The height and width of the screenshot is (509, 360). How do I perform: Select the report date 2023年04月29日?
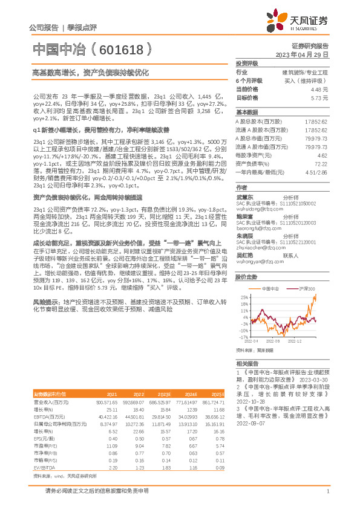[302, 54]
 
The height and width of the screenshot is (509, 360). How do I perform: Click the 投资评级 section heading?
[246, 63]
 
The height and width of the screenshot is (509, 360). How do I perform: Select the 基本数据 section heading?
[246, 112]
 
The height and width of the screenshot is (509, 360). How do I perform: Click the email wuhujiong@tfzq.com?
[255, 212]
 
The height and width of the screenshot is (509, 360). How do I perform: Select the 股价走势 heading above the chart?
[246, 277]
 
